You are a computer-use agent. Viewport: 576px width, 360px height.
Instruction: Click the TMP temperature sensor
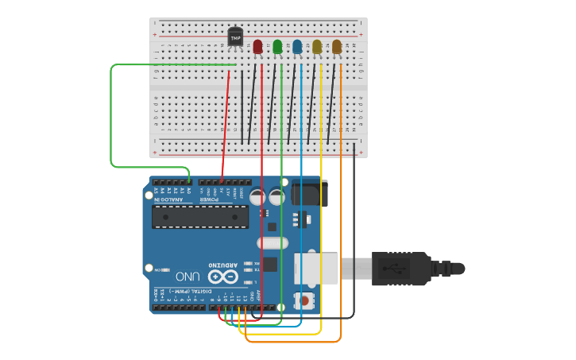(235, 37)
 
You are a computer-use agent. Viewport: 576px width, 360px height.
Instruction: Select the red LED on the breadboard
(257, 47)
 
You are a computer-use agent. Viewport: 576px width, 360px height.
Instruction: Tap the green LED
(277, 47)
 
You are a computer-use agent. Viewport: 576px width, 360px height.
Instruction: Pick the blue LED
(297, 47)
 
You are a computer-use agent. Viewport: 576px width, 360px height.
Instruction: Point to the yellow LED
(317, 47)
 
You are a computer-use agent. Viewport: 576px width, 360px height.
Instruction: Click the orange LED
(337, 47)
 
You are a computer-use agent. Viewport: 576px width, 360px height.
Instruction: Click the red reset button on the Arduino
(303, 300)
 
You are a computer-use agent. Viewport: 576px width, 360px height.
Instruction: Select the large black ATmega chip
(199, 217)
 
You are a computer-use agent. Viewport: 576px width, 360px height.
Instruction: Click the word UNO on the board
(187, 277)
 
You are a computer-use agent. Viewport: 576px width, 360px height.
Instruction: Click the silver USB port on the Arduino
(318, 269)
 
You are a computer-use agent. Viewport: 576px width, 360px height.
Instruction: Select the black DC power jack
(309, 195)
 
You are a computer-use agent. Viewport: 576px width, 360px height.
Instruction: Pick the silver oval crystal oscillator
(274, 243)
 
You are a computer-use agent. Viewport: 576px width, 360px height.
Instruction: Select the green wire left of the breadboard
(111, 119)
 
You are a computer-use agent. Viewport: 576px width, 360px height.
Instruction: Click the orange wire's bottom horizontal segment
(294, 342)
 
